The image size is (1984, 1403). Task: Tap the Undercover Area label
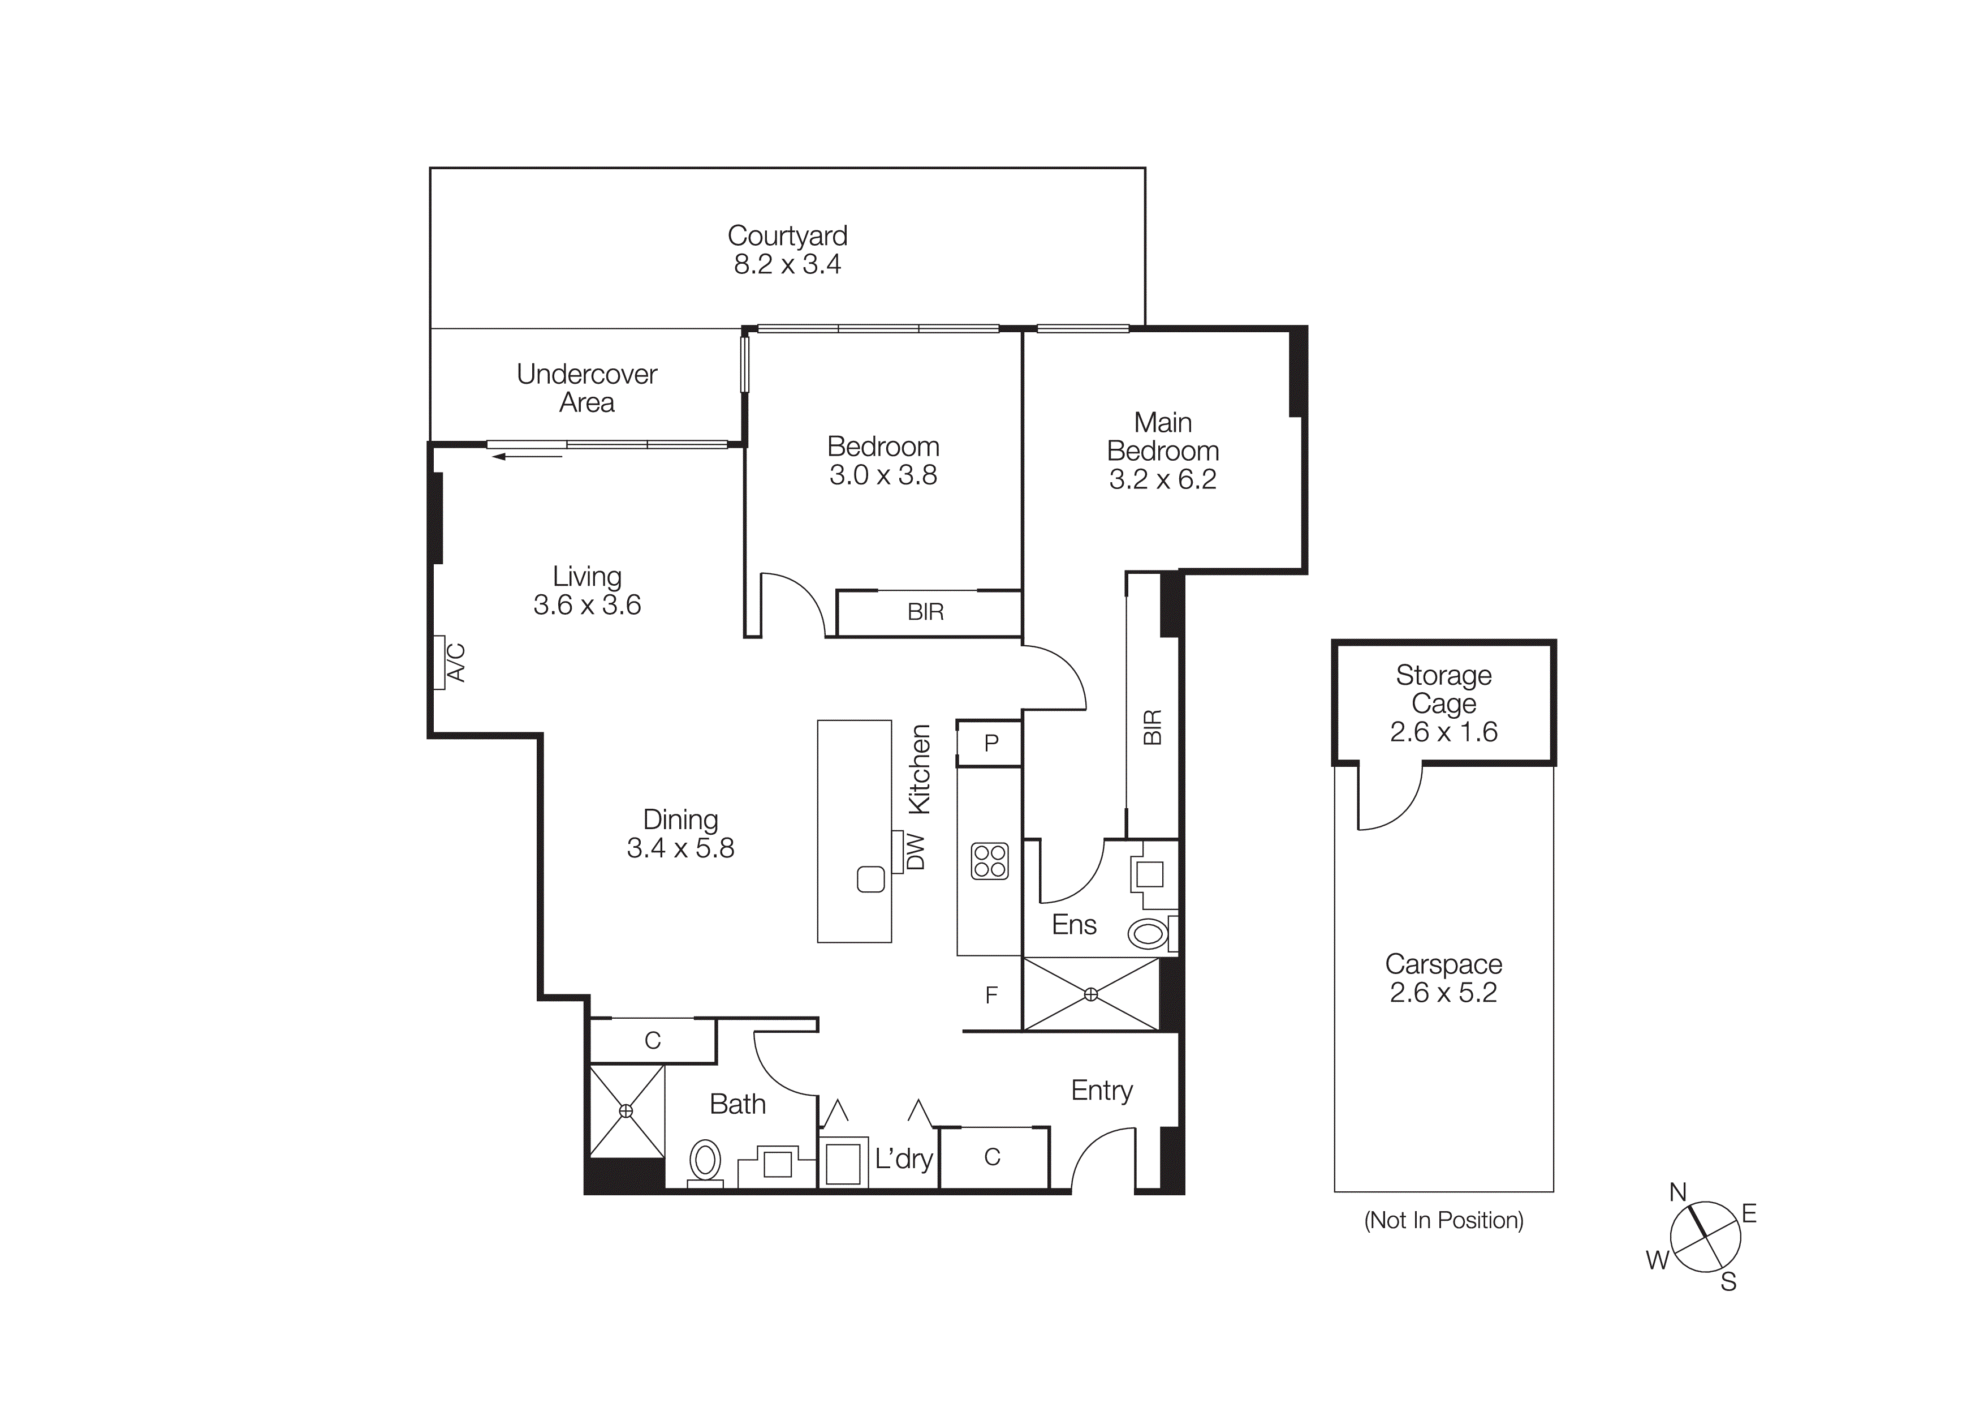586,388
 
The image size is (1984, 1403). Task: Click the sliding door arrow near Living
527,456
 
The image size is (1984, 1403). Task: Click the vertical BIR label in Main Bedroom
1153,727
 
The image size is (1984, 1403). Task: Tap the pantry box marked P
991,743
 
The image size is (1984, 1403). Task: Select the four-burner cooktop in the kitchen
989,861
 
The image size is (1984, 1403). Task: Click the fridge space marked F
991,995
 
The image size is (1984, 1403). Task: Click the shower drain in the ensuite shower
1090,994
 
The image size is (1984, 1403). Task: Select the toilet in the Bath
705,1160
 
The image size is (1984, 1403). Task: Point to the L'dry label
903,1159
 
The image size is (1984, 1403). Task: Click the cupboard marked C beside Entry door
992,1157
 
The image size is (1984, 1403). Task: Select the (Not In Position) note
1443,1221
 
